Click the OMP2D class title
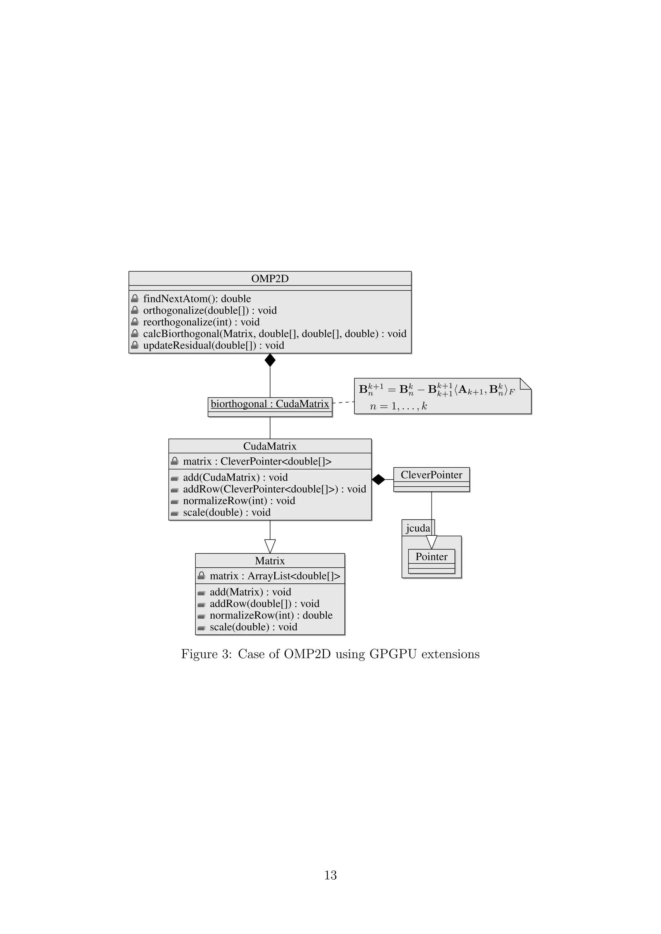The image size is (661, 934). pyautogui.click(x=270, y=279)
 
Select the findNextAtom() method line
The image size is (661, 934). pyautogui.click(x=197, y=299)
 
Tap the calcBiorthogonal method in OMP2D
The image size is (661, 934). pyautogui.click(x=274, y=333)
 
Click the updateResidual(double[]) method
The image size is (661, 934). pyautogui.click(x=213, y=345)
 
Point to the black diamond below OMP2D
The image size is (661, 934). pyautogui.click(x=270, y=360)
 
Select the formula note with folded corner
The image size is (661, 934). pyautogui.click(x=442, y=396)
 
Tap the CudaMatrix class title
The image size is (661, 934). pyautogui.click(x=270, y=446)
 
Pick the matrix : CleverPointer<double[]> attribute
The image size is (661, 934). pyautogui.click(x=257, y=461)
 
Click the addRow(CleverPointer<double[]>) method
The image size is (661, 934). pyautogui.click(x=274, y=489)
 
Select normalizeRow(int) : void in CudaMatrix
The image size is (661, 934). pyautogui.click(x=239, y=501)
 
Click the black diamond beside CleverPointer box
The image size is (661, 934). pyautogui.click(x=379, y=480)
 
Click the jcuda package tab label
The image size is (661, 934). pyautogui.click(x=418, y=528)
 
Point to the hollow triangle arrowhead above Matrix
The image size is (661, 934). pyautogui.click(x=270, y=546)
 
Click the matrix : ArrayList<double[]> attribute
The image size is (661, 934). pyautogui.click(x=275, y=576)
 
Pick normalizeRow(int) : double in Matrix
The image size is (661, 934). pyautogui.click(x=271, y=615)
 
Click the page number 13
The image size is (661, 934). pyautogui.click(x=330, y=875)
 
